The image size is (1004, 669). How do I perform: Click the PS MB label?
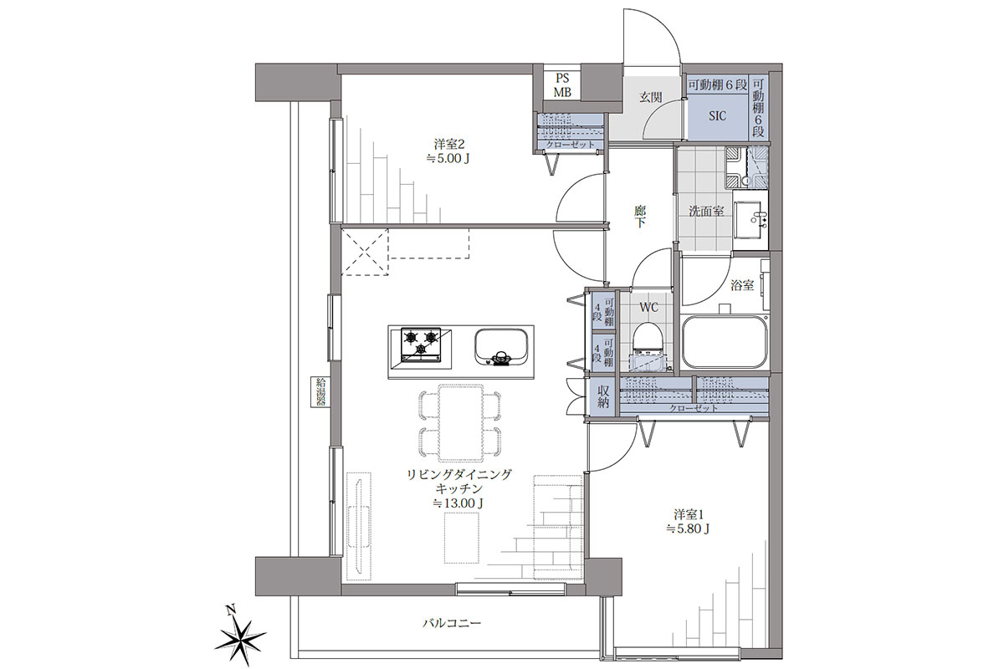(x=562, y=85)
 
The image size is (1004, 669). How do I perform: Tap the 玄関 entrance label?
(x=650, y=98)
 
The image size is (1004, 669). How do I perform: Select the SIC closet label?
(x=717, y=116)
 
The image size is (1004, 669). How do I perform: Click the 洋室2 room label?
(x=448, y=145)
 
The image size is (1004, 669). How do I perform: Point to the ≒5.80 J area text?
(x=688, y=529)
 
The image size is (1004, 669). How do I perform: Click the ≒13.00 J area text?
(x=458, y=503)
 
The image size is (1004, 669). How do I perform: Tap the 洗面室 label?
(x=706, y=212)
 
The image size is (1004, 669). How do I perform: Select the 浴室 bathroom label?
(x=742, y=285)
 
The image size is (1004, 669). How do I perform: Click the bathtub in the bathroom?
(x=725, y=342)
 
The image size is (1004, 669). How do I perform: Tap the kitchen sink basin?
(x=500, y=348)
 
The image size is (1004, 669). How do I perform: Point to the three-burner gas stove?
(x=421, y=345)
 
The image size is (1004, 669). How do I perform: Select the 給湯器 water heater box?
(x=320, y=392)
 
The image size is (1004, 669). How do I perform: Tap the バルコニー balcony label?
(x=452, y=623)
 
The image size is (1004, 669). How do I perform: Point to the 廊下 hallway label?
(x=640, y=217)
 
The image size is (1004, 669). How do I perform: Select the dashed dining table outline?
(x=461, y=422)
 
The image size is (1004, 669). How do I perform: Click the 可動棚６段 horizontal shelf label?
(x=717, y=85)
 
